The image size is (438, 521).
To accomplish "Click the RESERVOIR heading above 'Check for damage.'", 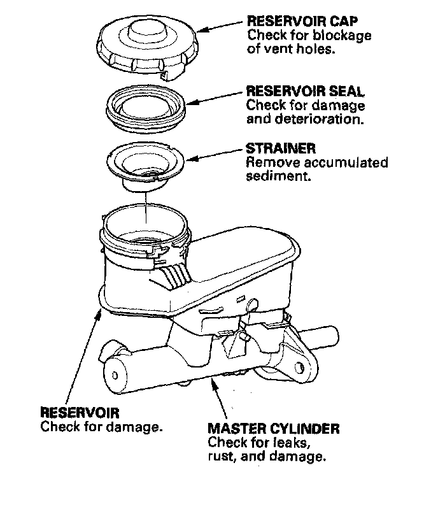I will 80,413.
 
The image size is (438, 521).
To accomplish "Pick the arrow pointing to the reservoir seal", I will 216,97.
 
